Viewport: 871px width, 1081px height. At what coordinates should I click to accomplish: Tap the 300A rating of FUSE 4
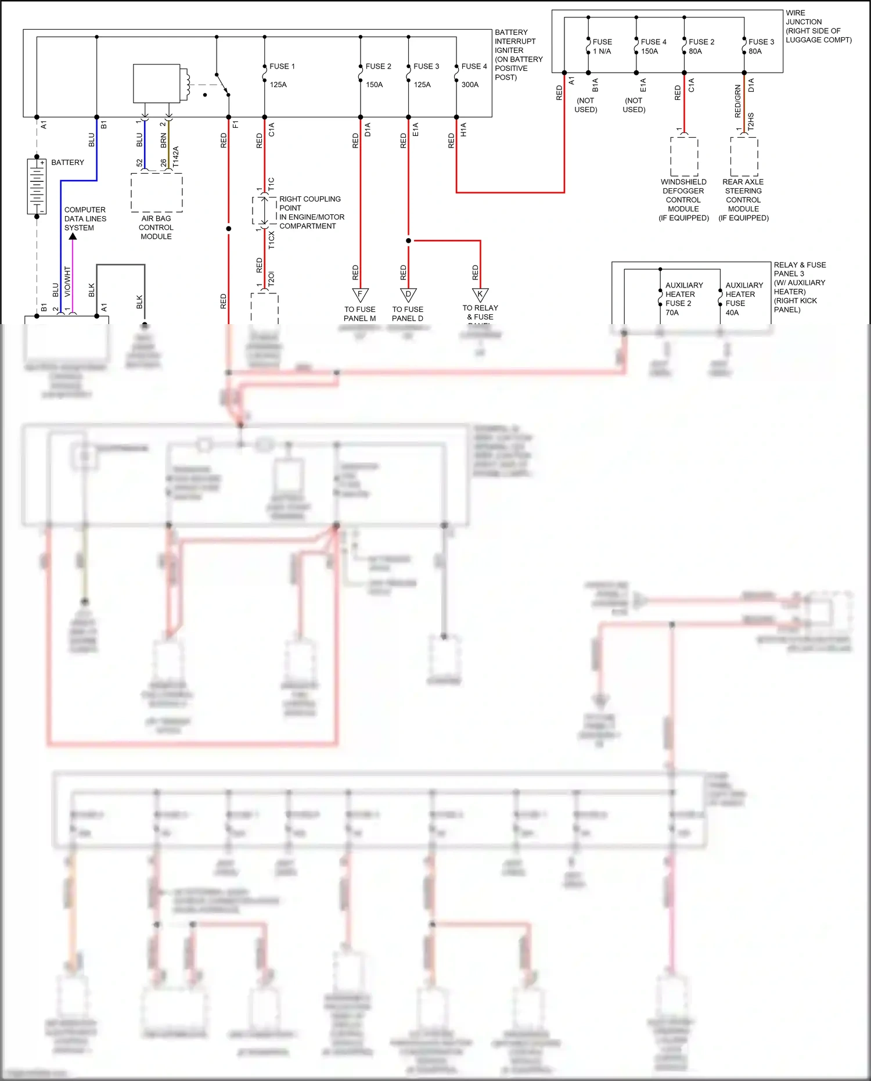click(x=470, y=85)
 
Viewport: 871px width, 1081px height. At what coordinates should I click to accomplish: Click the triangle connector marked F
click(x=360, y=295)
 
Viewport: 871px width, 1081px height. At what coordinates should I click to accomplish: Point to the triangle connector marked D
click(x=408, y=295)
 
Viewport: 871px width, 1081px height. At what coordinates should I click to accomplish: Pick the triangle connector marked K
click(x=480, y=295)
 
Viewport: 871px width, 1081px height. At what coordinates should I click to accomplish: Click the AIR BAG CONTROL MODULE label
click(x=156, y=228)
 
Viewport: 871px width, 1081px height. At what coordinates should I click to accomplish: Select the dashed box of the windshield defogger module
click(x=684, y=156)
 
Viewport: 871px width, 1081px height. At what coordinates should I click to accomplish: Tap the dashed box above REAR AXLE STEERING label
click(x=744, y=156)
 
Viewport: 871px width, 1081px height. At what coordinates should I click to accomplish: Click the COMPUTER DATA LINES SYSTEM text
click(x=85, y=219)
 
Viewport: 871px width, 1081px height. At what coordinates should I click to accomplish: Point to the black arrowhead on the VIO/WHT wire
click(x=73, y=236)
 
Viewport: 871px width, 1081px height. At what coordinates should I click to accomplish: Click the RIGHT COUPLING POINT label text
click(x=311, y=212)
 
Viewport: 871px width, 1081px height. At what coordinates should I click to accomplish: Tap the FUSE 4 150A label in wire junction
click(x=653, y=46)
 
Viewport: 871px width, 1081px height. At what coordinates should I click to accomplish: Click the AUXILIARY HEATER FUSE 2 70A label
click(x=683, y=299)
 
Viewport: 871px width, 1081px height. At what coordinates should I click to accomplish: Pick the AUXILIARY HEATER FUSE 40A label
click(x=743, y=299)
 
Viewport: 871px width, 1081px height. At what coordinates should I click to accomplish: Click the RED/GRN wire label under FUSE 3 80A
click(x=738, y=101)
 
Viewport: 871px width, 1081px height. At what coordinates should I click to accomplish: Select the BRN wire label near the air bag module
click(x=164, y=140)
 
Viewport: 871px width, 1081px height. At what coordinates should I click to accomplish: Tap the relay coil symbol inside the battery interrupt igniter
click(x=186, y=85)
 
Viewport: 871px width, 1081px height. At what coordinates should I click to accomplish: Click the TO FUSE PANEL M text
click(x=359, y=314)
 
